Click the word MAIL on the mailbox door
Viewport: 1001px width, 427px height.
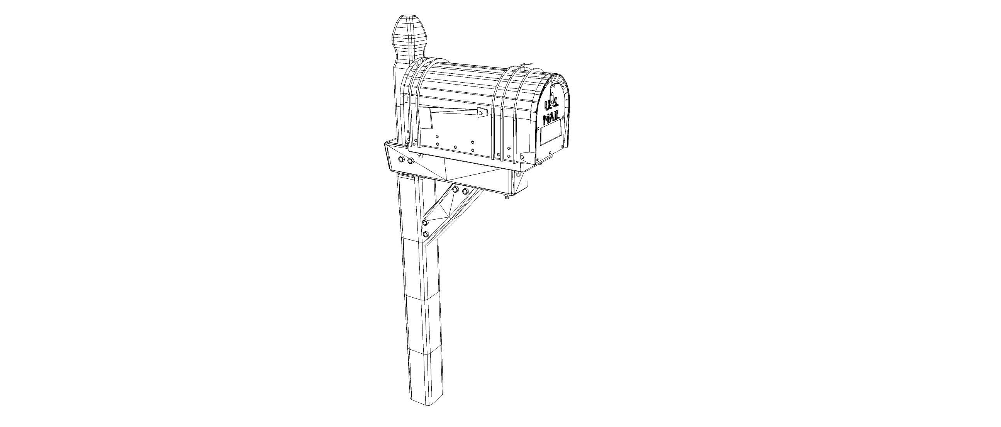[x=551, y=117]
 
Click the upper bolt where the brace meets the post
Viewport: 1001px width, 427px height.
[x=425, y=222]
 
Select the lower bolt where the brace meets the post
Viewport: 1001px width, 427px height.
[x=426, y=234]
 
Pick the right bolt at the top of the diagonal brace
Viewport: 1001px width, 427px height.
[x=465, y=191]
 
